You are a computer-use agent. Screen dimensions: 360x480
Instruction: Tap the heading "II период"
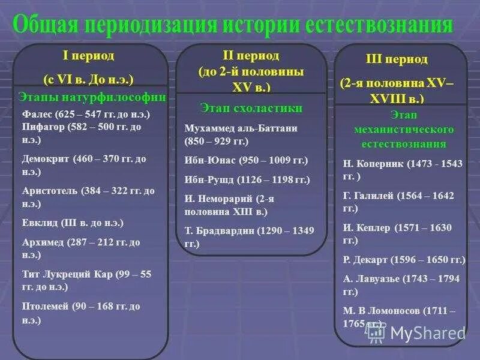[251, 56]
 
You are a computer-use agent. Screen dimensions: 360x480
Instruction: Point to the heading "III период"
[397, 59]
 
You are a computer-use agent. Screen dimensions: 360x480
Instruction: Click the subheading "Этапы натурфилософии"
[92, 97]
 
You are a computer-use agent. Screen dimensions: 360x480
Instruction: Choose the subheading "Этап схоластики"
[251, 108]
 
